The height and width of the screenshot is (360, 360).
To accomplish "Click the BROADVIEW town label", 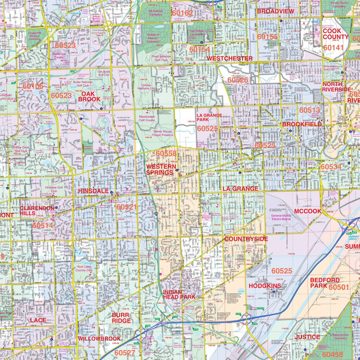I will click(x=275, y=11).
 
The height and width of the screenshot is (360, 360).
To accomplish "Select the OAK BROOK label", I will click(x=89, y=96).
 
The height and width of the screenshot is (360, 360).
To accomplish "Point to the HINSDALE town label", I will click(x=93, y=191).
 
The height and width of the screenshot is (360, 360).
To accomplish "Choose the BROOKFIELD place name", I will click(x=302, y=124).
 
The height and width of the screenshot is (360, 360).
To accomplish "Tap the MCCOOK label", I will click(x=307, y=211).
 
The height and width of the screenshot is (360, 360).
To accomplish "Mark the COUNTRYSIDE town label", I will click(x=246, y=238).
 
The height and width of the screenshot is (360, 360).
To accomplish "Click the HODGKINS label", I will click(x=264, y=286).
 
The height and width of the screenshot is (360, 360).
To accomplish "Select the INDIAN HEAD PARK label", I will click(x=179, y=294).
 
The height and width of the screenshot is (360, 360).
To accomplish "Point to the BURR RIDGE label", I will click(x=121, y=318).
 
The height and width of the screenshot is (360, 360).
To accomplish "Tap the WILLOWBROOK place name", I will click(x=99, y=339).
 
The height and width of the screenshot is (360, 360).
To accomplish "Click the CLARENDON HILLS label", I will click(x=37, y=210).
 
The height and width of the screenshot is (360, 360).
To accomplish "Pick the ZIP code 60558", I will click(x=166, y=154).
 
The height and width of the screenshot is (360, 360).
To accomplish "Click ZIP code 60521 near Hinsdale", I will click(x=127, y=207).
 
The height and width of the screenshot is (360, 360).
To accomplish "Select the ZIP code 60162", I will click(x=182, y=13).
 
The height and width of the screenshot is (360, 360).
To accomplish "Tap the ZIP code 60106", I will click(x=33, y=86).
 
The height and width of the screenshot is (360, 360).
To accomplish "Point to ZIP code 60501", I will click(x=339, y=287).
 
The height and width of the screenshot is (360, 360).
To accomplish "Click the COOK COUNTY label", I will click(x=335, y=33).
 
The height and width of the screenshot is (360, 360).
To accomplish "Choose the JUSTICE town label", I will click(x=307, y=337).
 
